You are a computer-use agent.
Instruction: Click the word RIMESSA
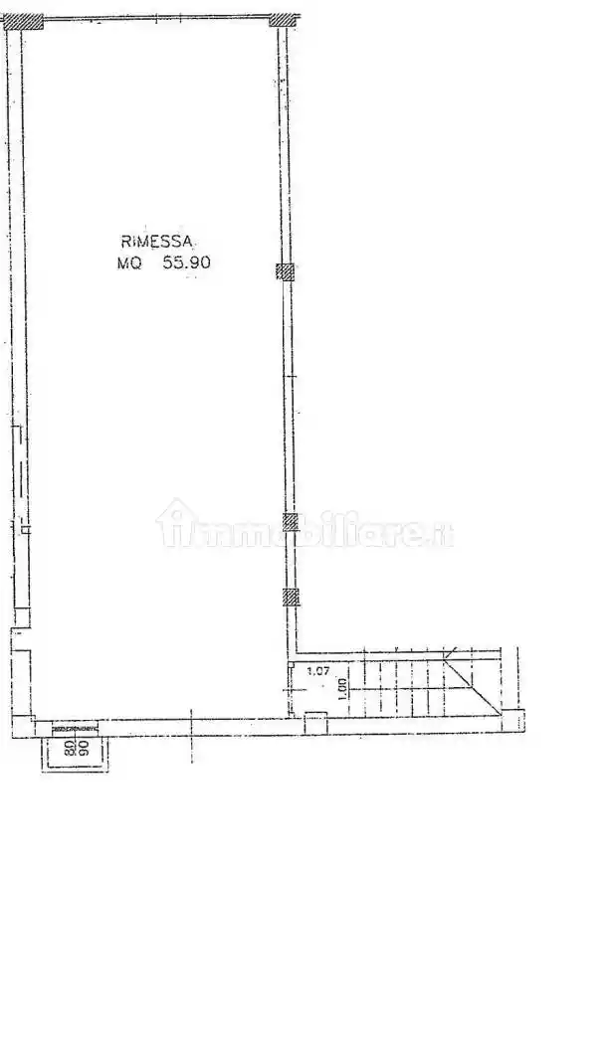(x=158, y=241)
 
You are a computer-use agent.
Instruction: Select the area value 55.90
(x=183, y=263)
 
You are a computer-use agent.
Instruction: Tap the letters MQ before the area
(x=129, y=263)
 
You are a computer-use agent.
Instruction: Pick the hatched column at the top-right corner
(x=286, y=18)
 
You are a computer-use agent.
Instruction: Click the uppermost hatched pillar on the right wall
(x=286, y=271)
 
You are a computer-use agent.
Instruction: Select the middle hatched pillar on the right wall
(x=291, y=521)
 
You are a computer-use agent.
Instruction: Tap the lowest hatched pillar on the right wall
(x=291, y=597)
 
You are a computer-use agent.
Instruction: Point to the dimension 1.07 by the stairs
(x=317, y=671)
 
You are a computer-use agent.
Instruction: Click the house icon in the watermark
(x=175, y=523)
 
